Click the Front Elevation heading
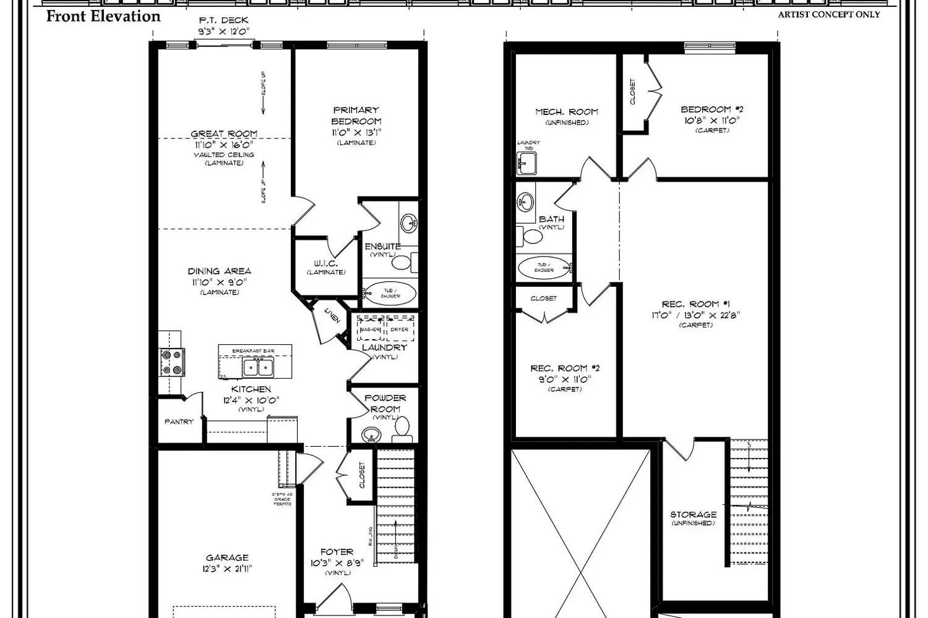(x=103, y=17)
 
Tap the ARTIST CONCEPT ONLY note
(x=828, y=14)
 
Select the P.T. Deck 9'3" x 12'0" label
(x=223, y=26)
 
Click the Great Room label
(x=223, y=133)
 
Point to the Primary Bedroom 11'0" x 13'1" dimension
(x=356, y=132)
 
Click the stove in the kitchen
(x=173, y=362)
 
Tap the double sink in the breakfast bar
(x=259, y=368)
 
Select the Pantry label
(x=179, y=421)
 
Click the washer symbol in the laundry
(x=370, y=329)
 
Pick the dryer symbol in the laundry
(x=400, y=329)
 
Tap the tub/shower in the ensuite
(x=390, y=293)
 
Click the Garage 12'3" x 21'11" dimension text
(x=227, y=569)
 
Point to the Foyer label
(x=337, y=552)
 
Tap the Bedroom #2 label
(x=712, y=109)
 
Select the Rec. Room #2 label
(x=565, y=368)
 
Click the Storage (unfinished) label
(x=694, y=514)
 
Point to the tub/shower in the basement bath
(x=544, y=268)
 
